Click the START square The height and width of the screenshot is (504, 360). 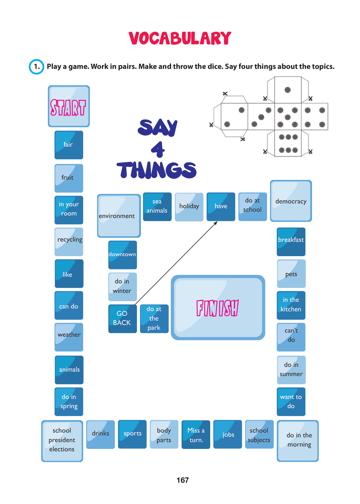(69, 106)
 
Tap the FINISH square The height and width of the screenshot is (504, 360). (218, 308)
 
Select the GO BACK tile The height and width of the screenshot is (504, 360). (122, 318)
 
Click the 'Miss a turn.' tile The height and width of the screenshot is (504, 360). (196, 434)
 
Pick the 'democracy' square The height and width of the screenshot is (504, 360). (291, 201)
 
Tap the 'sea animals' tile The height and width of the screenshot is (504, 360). (157, 207)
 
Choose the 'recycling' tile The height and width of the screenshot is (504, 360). (69, 242)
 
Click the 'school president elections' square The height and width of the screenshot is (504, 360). (62, 441)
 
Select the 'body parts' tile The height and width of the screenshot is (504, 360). (164, 434)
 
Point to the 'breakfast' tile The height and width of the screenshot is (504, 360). (291, 242)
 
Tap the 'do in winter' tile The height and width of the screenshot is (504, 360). (123, 287)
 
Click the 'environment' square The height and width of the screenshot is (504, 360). (119, 216)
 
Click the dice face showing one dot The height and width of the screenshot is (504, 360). (288, 90)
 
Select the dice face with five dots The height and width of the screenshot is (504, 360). (288, 117)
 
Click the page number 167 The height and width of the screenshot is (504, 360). (183, 480)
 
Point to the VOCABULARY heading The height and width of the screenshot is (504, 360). (180, 38)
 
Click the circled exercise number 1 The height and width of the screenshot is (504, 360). (37, 67)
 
